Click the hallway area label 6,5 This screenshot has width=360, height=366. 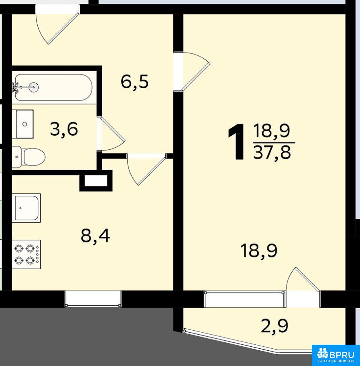pyautogui.click(x=135, y=82)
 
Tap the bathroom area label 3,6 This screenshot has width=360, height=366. pyautogui.click(x=64, y=130)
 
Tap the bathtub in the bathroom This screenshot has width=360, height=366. pyautogui.click(x=53, y=87)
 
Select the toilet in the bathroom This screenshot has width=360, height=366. pyautogui.click(x=29, y=157)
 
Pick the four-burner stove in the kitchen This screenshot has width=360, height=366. pyautogui.click(x=26, y=254)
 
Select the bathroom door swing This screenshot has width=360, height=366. pyautogui.click(x=111, y=134)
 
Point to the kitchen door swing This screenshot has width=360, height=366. pyautogui.click(x=146, y=169)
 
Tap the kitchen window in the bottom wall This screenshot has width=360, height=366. pyautogui.click(x=93, y=299)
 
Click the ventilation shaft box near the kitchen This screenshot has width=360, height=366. pyautogui.click(x=96, y=181)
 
